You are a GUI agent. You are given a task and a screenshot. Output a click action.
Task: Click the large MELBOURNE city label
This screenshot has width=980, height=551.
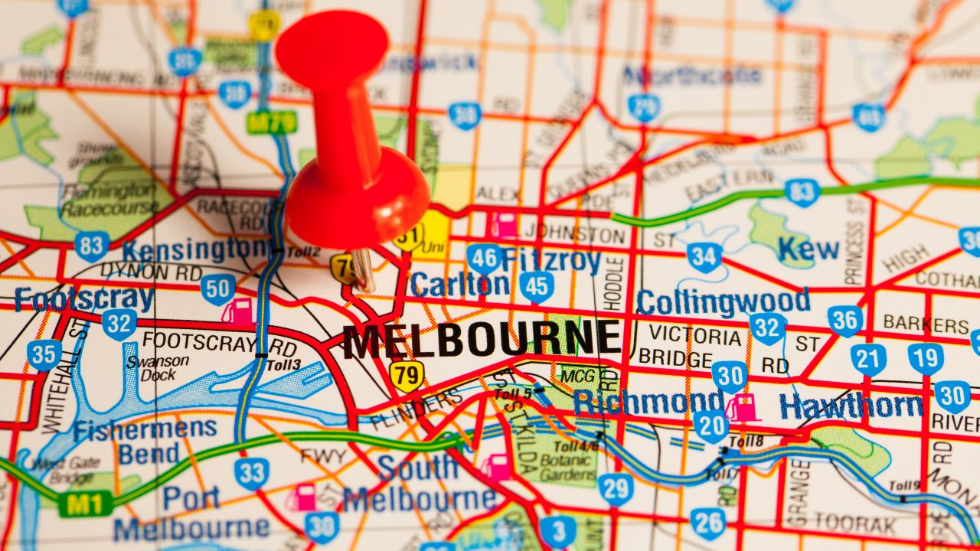pyautogui.click(x=481, y=340)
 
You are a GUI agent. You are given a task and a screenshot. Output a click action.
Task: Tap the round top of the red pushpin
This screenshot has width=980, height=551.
pyautogui.click(x=332, y=48)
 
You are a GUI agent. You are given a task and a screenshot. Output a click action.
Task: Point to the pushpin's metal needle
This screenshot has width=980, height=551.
pyautogui.click(x=362, y=269)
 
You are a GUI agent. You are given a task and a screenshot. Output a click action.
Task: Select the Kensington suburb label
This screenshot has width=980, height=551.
pyautogui.click(x=195, y=249)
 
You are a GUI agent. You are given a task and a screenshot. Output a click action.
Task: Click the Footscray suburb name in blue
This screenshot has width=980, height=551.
pyautogui.click(x=83, y=298)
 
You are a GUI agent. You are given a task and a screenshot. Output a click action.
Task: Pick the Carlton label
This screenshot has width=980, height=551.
pyautogui.click(x=459, y=284)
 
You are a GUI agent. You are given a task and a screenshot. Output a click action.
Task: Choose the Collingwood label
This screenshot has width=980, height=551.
pyautogui.click(x=723, y=302)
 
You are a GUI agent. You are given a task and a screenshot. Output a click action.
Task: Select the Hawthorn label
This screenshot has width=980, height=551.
pyautogui.click(x=851, y=406)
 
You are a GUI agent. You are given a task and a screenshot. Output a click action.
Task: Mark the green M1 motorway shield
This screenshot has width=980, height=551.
pyautogui.click(x=86, y=503)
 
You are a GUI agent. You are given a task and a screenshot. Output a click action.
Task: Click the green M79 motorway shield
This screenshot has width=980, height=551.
pyautogui.click(x=271, y=121)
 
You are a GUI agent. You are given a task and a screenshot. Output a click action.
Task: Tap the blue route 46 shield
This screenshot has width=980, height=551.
pyautogui.click(x=484, y=259)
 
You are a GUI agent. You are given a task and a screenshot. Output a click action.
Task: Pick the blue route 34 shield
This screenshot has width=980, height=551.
pyautogui.click(x=704, y=257)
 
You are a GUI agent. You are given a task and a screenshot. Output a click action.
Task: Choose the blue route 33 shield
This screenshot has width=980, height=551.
pyautogui.click(x=251, y=473)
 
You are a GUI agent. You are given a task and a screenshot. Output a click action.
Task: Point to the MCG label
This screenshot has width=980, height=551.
pyautogui.click(x=577, y=376)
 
